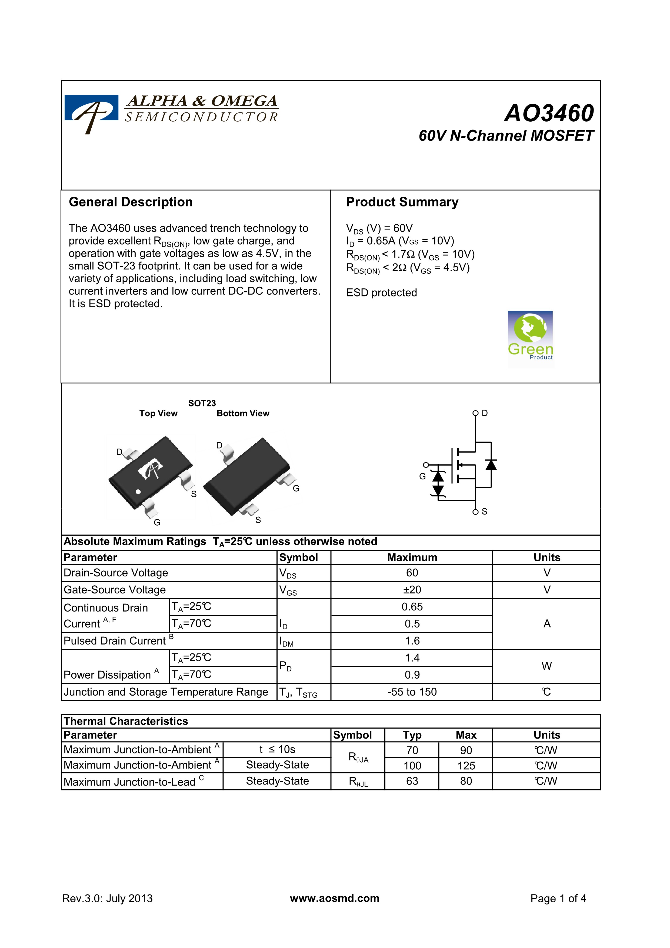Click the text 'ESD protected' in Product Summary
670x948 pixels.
[381, 293]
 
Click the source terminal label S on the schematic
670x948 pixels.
[484, 512]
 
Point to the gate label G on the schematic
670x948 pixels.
[422, 476]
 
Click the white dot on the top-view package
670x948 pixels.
[138, 491]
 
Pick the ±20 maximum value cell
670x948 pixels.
[412, 590]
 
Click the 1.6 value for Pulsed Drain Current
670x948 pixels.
[412, 641]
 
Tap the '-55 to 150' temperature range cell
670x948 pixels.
[412, 692]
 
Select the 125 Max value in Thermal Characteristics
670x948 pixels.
[466, 766]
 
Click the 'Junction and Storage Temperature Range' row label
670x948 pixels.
[165, 692]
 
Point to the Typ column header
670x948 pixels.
[412, 735]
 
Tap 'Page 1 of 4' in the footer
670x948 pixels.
[558, 899]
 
